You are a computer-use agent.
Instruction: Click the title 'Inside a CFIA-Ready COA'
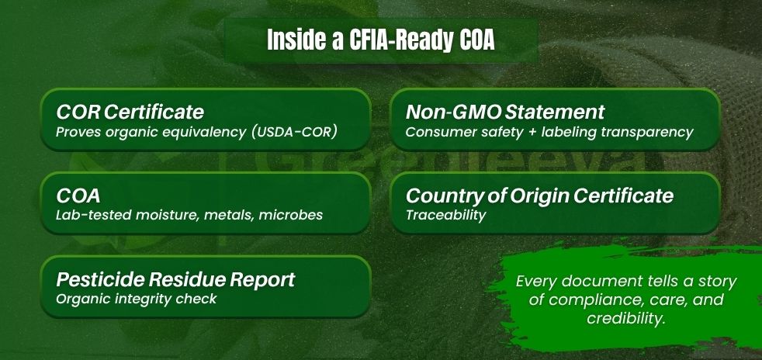[380, 41]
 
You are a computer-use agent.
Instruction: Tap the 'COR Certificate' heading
[130, 112]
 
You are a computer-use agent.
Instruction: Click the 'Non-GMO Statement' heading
[505, 112]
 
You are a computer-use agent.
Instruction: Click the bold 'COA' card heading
[78, 196]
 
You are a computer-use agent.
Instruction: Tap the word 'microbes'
[291, 215]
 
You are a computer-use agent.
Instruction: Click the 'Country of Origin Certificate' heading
[539, 196]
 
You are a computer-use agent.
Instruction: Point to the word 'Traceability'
[445, 215]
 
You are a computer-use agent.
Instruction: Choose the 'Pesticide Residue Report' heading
[175, 280]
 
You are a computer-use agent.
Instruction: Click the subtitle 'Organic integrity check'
[136, 299]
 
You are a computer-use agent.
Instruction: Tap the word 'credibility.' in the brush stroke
[625, 318]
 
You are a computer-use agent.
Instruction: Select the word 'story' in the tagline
[716, 282]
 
